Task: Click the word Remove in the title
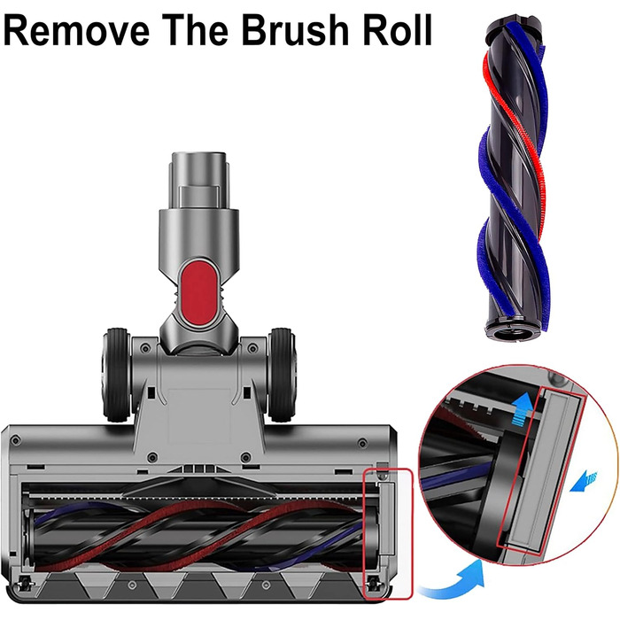77,30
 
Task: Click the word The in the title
196,30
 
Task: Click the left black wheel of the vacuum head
116,374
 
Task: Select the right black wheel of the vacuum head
282,374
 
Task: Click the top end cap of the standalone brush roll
514,27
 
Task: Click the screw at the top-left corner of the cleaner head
15,439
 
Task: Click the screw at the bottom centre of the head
133,585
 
